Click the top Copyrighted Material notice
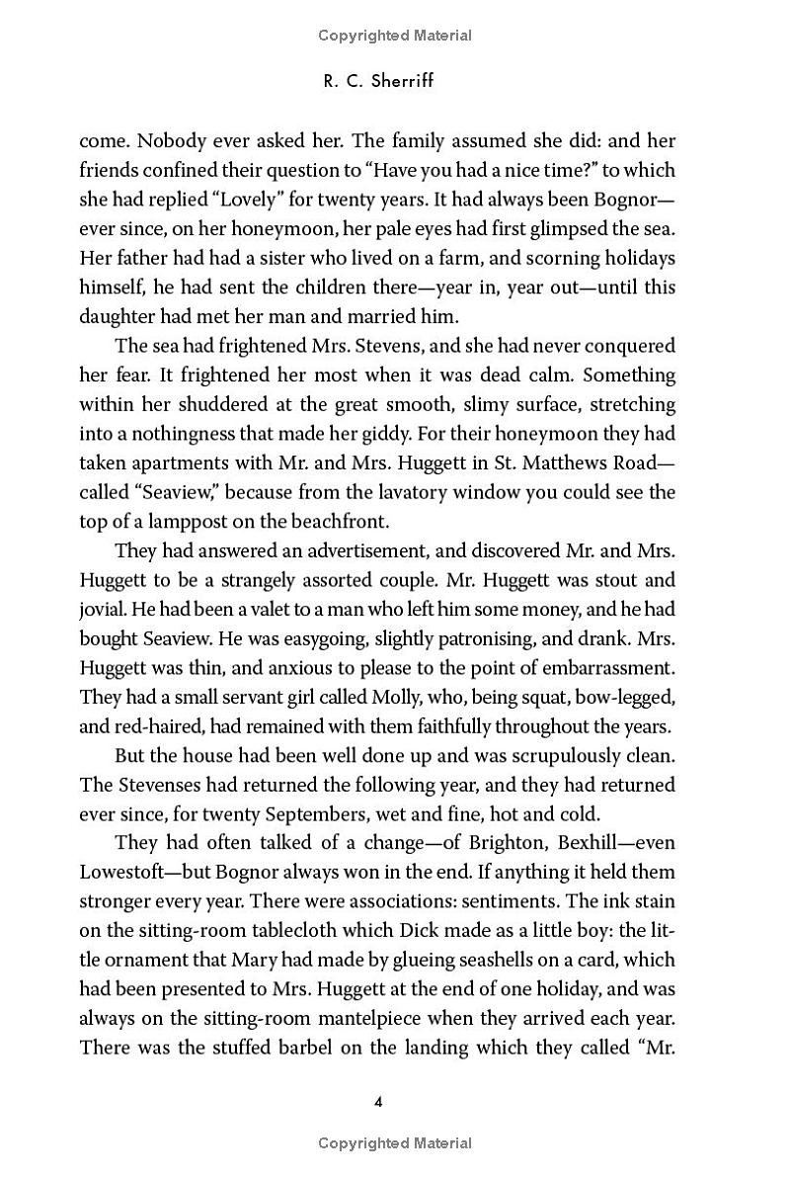tap(395, 36)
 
